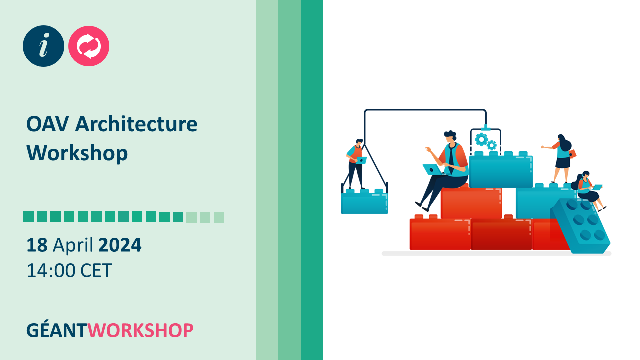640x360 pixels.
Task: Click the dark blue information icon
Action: click(44, 46)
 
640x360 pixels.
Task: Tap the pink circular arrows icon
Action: click(89, 46)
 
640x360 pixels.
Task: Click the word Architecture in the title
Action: click(136, 124)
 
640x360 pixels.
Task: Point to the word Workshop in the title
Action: click(77, 153)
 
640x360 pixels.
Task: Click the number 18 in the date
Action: click(37, 245)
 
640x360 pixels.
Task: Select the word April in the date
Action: click(73, 245)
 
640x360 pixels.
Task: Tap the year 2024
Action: click(120, 245)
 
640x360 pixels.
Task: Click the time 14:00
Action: click(51, 270)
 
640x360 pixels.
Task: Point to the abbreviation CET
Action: click(96, 270)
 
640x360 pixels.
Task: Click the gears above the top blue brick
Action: click(485, 141)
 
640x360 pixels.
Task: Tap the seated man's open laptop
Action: click(433, 170)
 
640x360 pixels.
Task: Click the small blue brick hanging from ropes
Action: click(364, 202)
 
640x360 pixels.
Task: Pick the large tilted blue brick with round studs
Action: click(581, 226)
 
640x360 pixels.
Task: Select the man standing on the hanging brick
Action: click(356, 164)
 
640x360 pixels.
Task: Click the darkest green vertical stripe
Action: click(312, 180)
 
